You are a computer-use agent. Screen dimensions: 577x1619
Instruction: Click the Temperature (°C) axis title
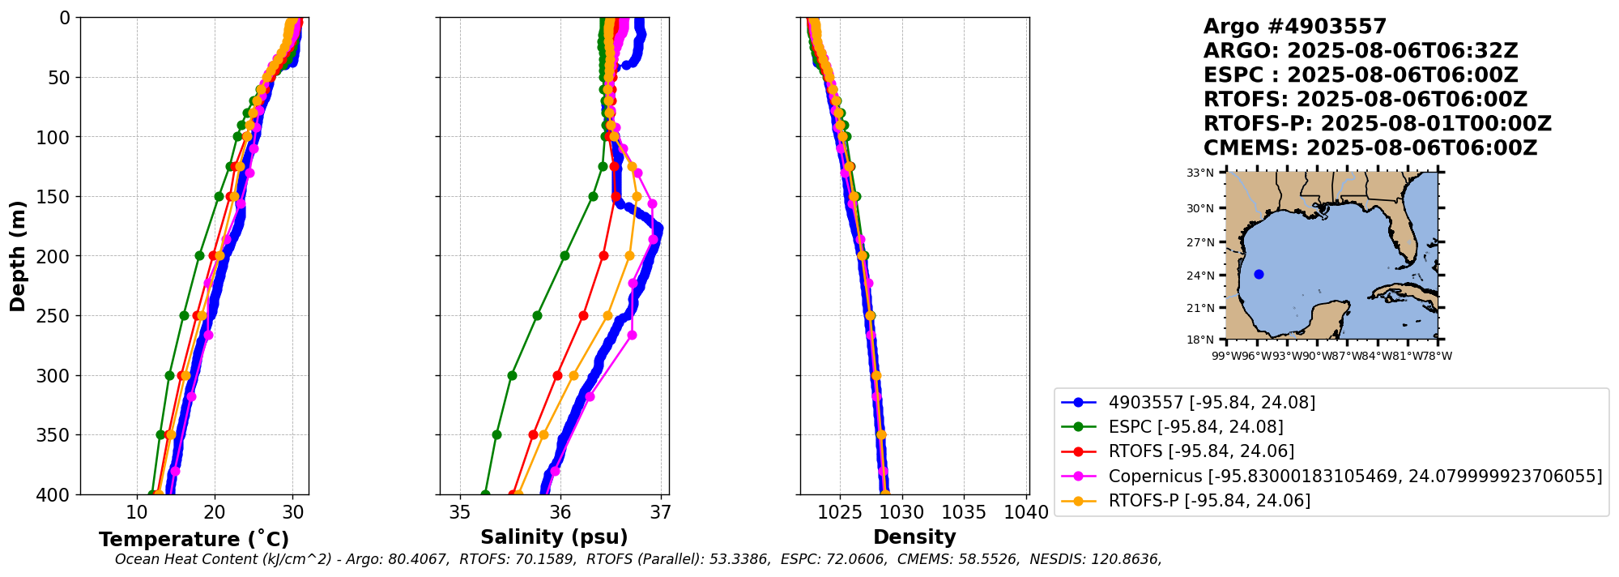point(194,540)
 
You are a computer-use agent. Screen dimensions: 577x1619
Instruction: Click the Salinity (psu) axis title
point(554,537)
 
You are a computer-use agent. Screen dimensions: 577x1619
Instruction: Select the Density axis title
point(914,537)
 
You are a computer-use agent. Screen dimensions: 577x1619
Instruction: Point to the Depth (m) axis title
point(17,256)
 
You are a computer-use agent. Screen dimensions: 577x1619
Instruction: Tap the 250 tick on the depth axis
point(59,316)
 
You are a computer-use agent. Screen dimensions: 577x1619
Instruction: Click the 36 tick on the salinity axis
point(560,512)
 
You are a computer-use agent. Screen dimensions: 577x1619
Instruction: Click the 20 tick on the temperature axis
point(215,512)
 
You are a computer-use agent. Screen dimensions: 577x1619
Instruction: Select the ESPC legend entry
point(1195,427)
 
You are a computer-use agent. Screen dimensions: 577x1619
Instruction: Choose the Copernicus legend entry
point(1355,476)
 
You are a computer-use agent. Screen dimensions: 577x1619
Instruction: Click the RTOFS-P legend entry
point(1209,500)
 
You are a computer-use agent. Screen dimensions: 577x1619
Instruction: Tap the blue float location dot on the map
point(1259,274)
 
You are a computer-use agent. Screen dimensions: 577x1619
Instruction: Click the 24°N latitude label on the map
point(1200,276)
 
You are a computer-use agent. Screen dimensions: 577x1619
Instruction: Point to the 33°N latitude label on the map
point(1200,173)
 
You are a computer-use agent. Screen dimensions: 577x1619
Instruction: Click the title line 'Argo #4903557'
point(1295,27)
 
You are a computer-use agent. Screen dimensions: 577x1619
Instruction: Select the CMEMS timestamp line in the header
point(1370,148)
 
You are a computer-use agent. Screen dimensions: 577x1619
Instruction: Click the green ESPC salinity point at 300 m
point(512,375)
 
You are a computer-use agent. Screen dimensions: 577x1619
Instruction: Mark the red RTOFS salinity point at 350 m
point(533,434)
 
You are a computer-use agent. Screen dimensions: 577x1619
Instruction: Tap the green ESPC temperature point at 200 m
point(200,255)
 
